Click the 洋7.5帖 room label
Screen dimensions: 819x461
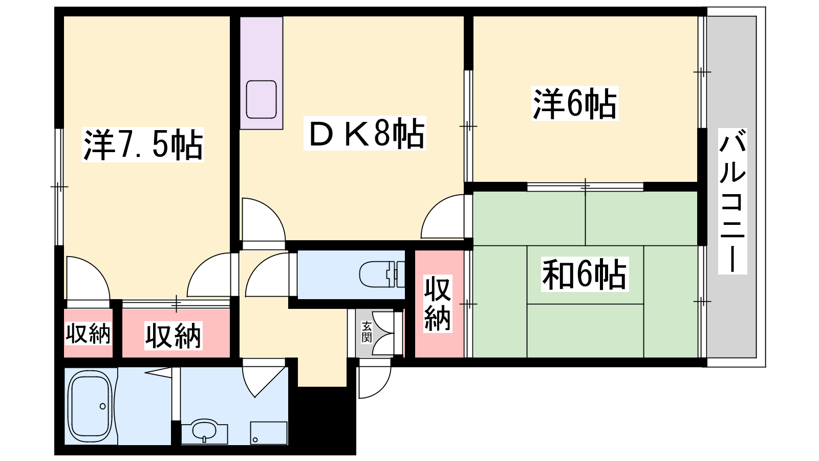143,144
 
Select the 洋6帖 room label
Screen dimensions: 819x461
574,103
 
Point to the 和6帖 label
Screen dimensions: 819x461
584,274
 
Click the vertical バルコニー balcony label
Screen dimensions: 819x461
732,201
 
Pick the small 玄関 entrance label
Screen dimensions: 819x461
367,332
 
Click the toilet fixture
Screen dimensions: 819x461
382,274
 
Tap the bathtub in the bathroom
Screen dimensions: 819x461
90,406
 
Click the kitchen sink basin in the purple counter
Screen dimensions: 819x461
261,99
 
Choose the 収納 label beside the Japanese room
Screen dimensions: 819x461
438,304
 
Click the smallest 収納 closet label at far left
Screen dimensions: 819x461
88,333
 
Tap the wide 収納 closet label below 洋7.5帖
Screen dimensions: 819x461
173,336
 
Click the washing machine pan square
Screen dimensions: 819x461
269,433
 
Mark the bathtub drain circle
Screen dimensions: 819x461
103,406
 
